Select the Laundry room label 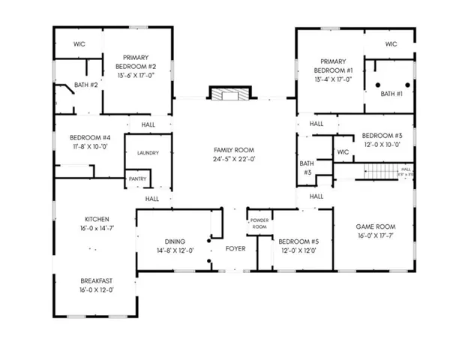pos(148,153)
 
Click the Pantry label pos(137,178)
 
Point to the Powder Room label pos(259,223)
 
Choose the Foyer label pos(235,247)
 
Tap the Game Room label pos(375,226)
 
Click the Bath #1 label pos(391,94)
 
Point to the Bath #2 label pos(86,85)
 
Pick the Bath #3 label pos(307,167)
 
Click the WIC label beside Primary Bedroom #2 pos(79,44)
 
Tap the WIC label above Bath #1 pos(391,44)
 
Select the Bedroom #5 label pos(298,241)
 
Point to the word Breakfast pos(96,280)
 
